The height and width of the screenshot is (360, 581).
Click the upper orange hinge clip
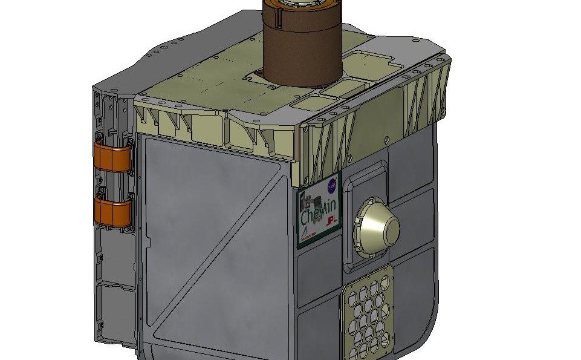point(112,157)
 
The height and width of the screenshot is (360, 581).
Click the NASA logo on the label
point(331,185)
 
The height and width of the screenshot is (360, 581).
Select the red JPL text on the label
point(331,223)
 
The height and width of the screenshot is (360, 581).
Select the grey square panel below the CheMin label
point(317,272)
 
